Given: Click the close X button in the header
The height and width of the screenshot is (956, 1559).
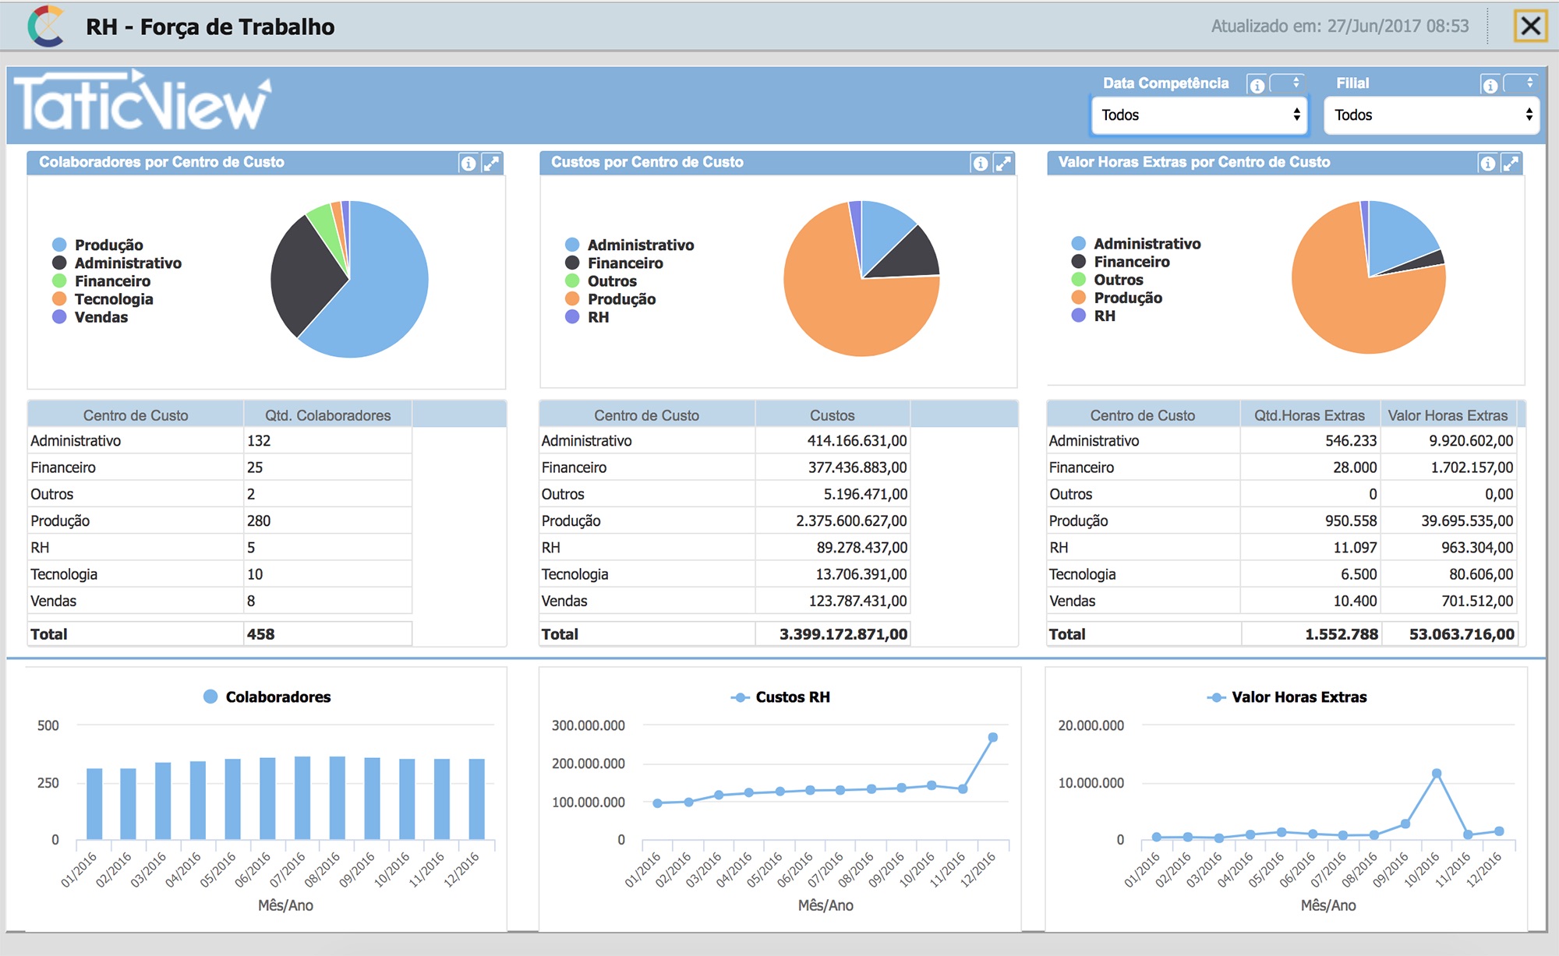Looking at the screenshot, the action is pos(1530,26).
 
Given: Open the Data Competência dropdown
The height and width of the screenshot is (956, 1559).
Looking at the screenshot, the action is pos(1200,115).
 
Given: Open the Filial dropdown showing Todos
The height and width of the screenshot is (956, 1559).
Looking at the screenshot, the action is pos(1432,115).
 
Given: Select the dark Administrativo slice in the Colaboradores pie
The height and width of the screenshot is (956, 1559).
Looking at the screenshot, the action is pos(304,273).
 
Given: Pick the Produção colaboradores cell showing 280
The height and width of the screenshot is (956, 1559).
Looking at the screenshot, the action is pos(259,520).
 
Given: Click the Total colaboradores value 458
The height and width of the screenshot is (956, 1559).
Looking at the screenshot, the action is pos(261,634).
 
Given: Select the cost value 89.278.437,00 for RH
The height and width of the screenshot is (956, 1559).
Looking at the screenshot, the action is pos(862,548).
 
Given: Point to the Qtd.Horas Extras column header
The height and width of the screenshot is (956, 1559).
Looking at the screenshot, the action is pos(1310,415).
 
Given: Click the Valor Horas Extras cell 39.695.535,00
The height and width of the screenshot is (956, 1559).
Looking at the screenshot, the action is pos(1467,520).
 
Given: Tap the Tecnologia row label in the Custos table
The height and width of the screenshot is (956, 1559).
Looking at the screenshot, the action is pos(575,574).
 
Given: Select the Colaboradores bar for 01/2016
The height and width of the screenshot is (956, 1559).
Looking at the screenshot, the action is pos(94,804).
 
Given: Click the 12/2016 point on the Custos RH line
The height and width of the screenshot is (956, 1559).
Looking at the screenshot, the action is pos(993,737).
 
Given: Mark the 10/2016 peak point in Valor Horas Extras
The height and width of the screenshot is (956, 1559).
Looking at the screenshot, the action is pos(1437,774).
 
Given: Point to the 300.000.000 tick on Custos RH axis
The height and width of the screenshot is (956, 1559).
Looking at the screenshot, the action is pos(589,725).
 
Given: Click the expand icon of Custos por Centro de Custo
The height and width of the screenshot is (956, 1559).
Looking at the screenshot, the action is pos(1003,163).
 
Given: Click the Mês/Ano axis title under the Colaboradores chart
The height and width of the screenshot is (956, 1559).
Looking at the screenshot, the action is pos(286,905).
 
